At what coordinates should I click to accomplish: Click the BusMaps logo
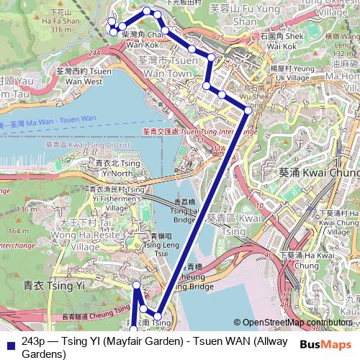point(326,343)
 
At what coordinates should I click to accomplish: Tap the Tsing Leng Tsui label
point(156,245)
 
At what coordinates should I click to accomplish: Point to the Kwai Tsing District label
point(86,145)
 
